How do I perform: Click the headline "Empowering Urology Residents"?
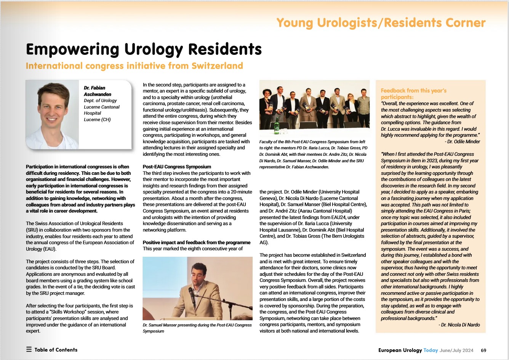[144, 50]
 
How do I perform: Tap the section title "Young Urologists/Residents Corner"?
[381, 23]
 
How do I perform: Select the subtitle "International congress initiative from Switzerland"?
[134, 66]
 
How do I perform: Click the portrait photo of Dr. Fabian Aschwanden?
[52, 114]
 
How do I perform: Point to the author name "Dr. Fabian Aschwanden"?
[98, 91]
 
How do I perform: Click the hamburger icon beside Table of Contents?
[29, 349]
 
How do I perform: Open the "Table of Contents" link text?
[56, 350]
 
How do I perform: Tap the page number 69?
[483, 350]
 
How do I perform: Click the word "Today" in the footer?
[431, 350]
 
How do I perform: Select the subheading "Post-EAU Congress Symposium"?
[177, 166]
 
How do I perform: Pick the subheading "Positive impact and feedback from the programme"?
[197, 242]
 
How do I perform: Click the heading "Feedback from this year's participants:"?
[413, 94]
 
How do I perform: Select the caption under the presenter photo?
[197, 328]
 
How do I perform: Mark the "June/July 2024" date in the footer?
[456, 350]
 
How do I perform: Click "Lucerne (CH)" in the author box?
[97, 120]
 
